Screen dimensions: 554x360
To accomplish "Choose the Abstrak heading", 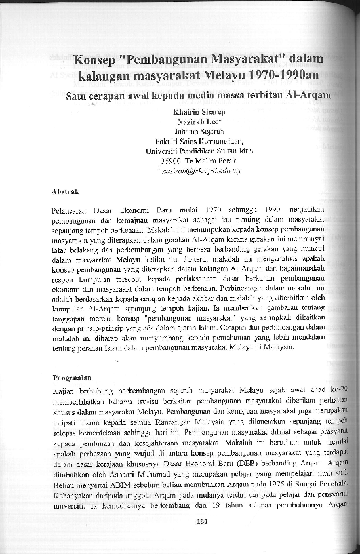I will [66, 191].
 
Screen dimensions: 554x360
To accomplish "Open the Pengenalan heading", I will [71, 378].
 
